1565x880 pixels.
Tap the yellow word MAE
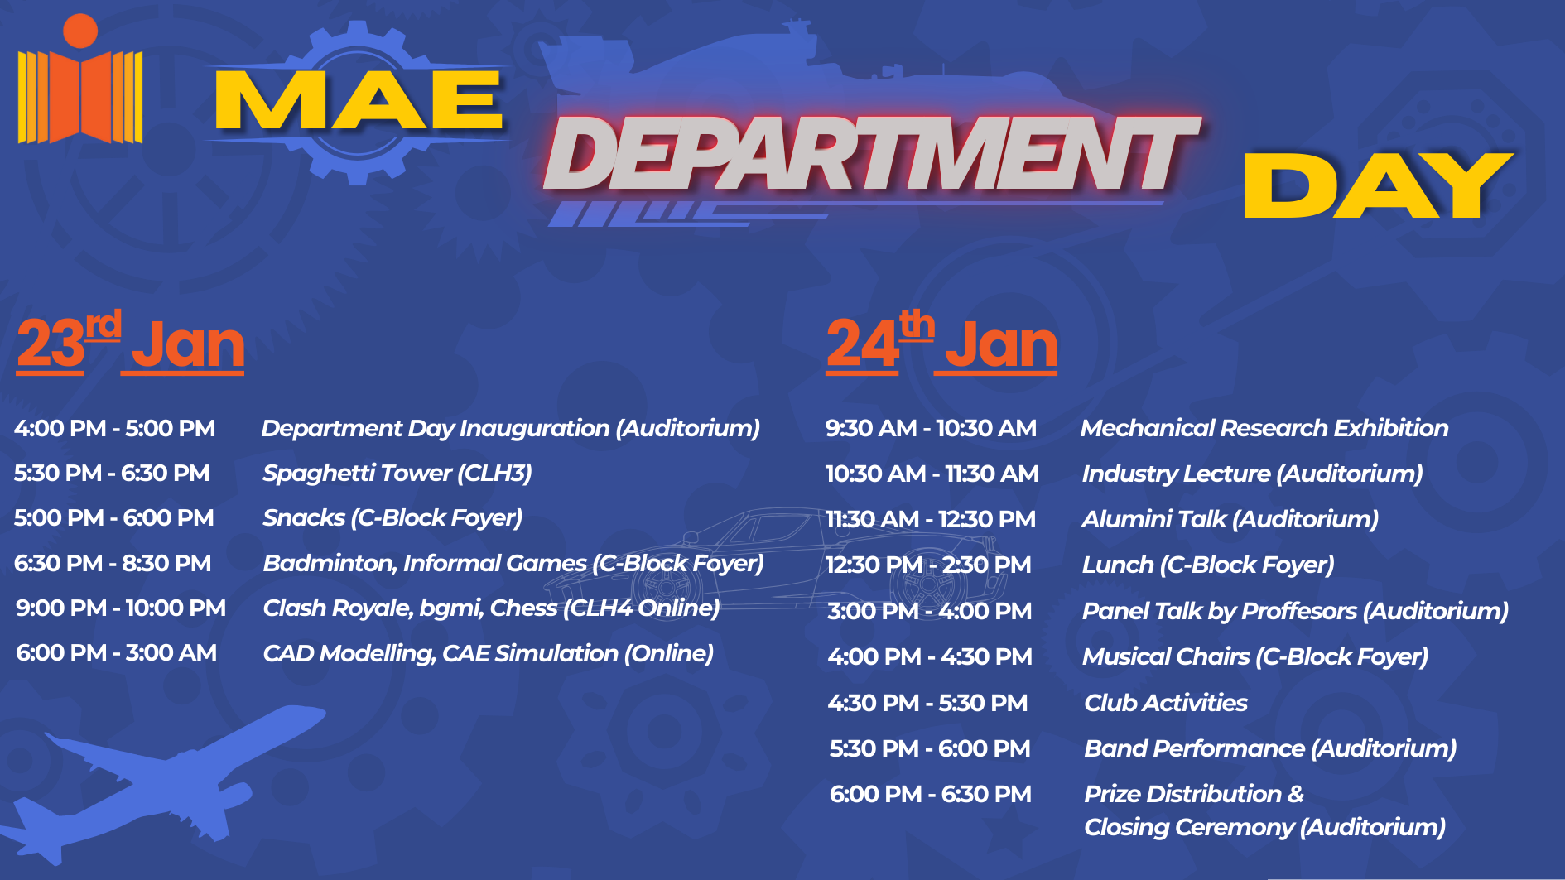point(359,100)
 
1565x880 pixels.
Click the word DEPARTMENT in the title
point(871,153)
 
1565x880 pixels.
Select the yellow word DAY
point(1379,185)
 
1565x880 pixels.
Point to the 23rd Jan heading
point(130,342)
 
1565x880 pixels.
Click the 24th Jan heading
point(942,342)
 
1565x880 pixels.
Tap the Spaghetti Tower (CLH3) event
point(397,473)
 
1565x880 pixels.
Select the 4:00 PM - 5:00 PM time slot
point(114,428)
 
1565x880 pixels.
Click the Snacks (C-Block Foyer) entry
point(392,518)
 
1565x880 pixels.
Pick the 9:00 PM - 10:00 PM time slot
point(121,608)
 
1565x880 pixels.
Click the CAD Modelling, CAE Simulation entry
point(488,653)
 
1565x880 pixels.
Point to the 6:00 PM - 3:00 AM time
point(116,652)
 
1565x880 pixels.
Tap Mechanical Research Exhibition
point(1264,428)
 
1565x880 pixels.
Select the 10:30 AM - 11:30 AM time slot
point(932,474)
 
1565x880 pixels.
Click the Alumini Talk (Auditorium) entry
point(1230,519)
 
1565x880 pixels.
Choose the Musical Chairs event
point(1254,656)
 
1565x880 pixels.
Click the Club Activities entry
point(1166,703)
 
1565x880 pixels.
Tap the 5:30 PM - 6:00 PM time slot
point(930,748)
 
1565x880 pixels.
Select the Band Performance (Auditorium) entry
point(1270,748)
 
